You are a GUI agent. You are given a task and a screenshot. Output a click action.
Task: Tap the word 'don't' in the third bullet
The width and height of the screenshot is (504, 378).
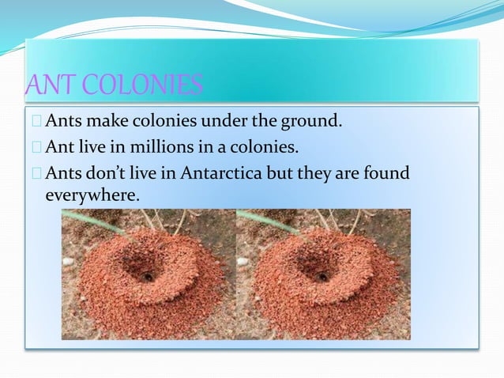(x=109, y=172)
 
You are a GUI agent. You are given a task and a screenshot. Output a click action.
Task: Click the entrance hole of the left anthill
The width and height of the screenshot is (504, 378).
(x=148, y=276)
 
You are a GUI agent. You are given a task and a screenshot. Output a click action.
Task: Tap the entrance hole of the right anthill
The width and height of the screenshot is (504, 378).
(x=322, y=276)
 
